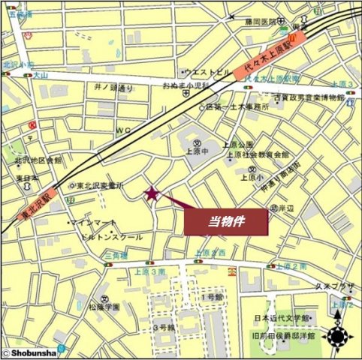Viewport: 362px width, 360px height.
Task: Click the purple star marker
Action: click(x=152, y=194)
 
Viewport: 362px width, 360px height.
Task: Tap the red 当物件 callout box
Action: click(x=227, y=221)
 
